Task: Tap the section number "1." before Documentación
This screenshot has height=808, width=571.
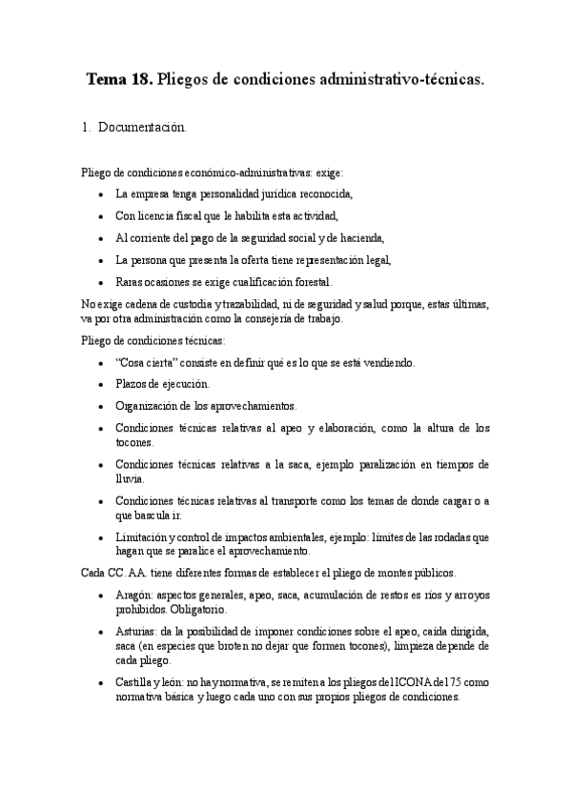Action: point(87,127)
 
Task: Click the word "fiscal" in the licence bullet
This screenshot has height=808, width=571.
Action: point(182,215)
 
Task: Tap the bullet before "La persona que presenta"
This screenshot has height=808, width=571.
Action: point(102,259)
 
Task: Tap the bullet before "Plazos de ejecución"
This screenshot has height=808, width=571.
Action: point(102,384)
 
